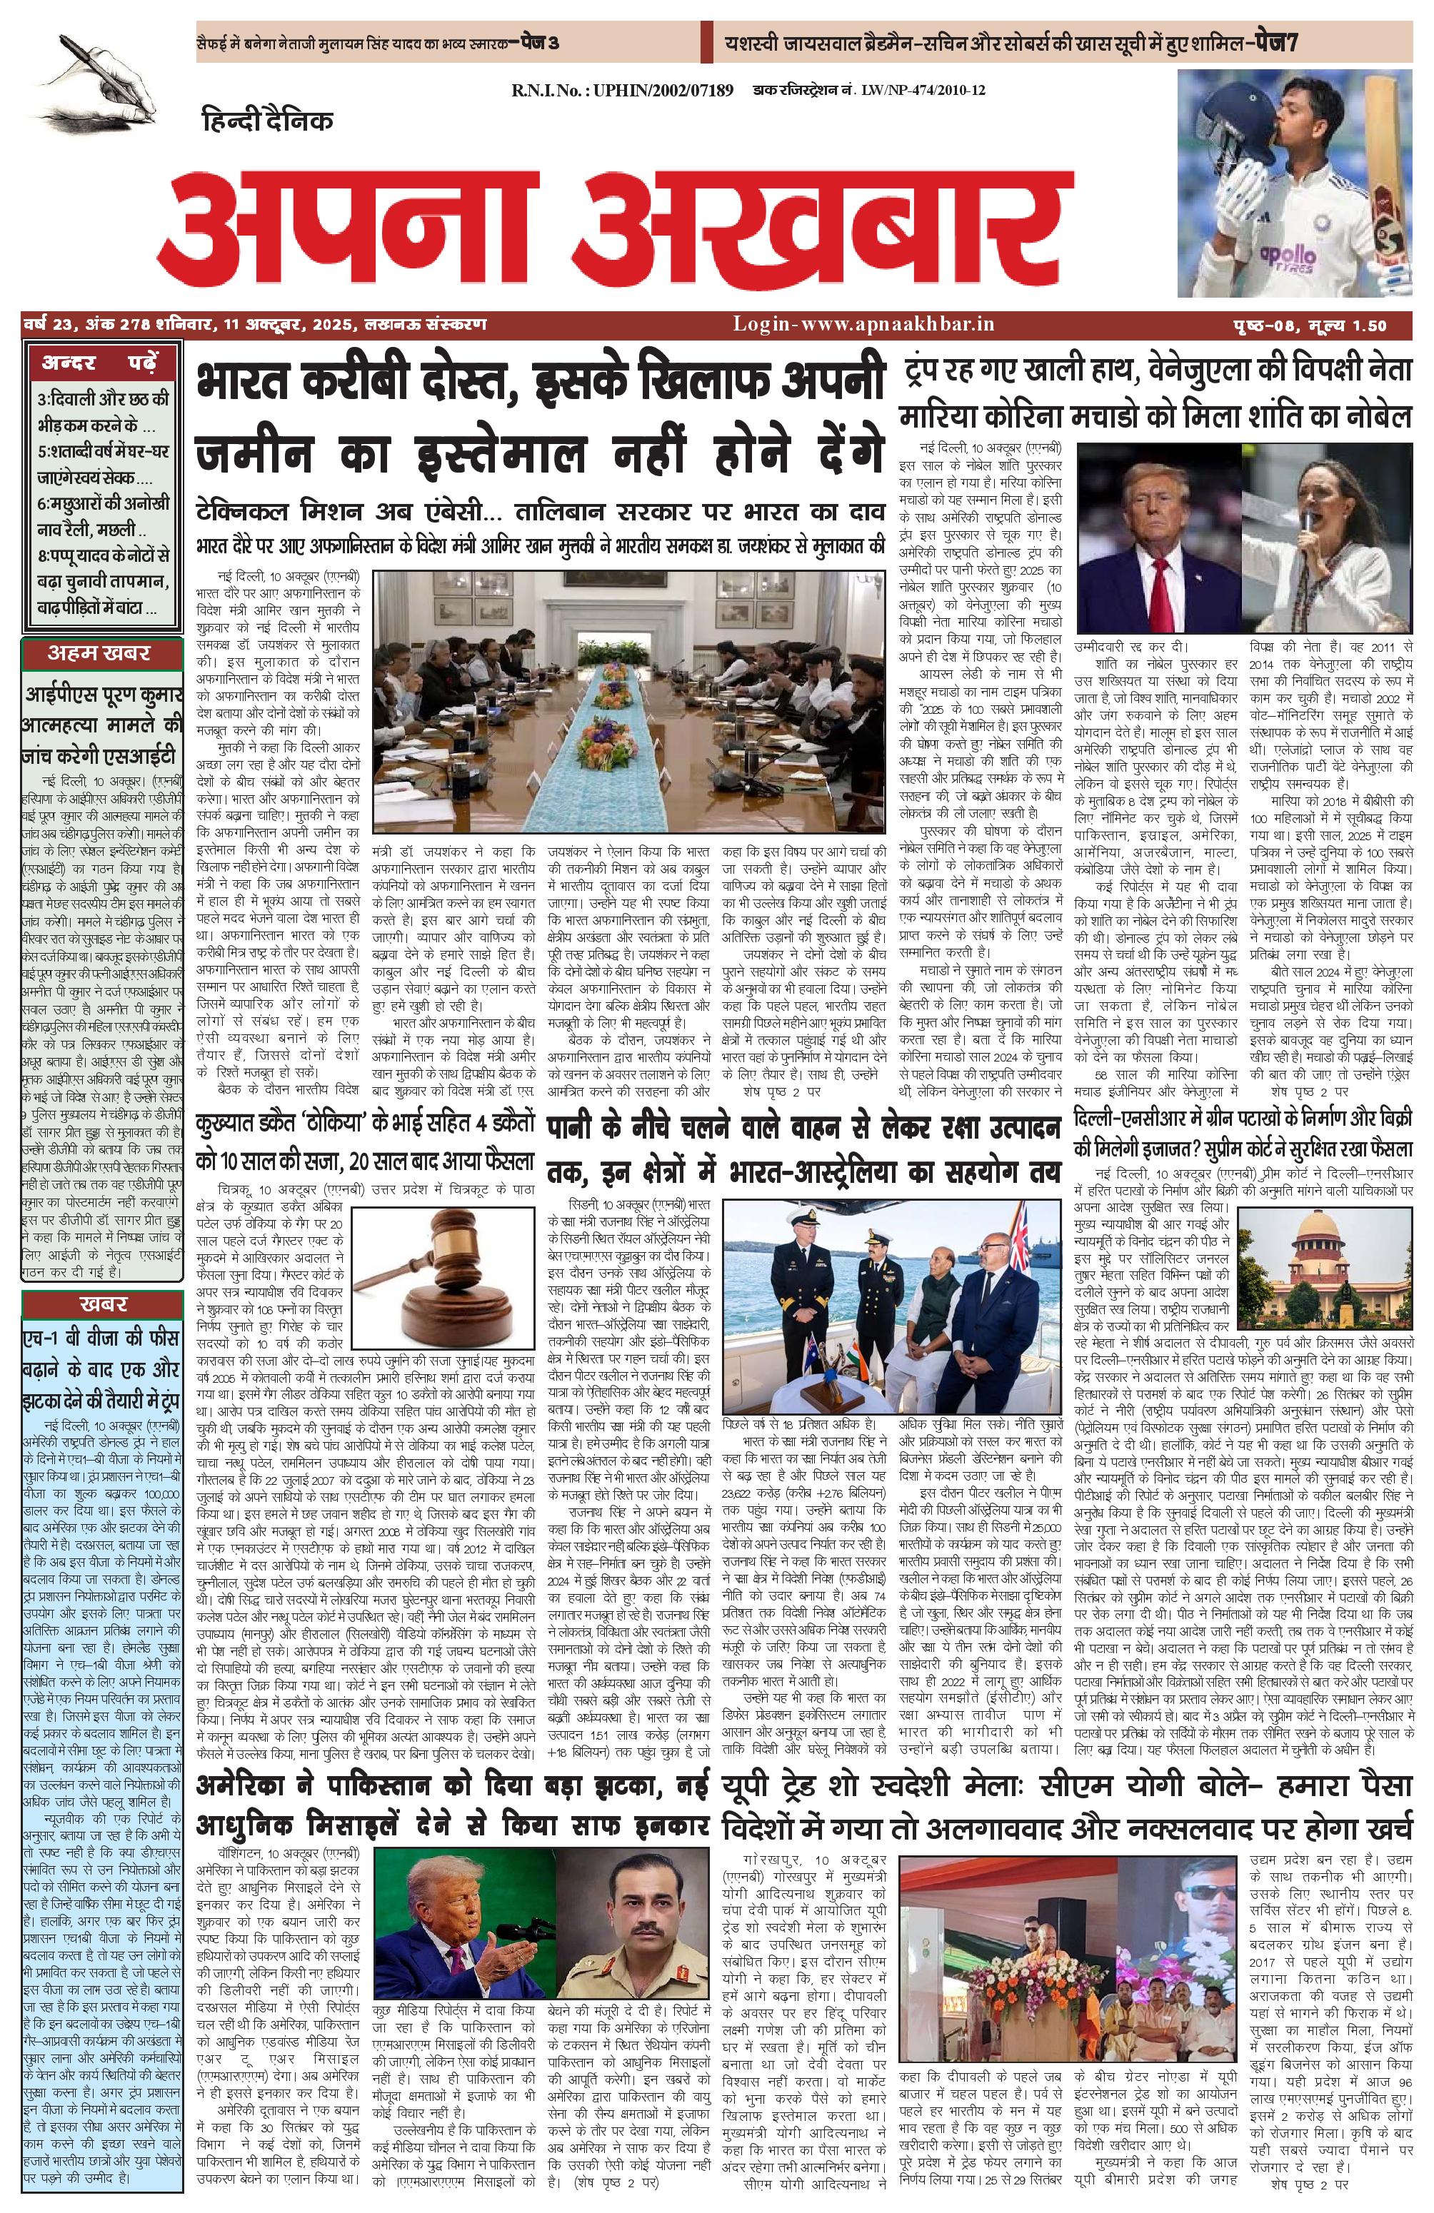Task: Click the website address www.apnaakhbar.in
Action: pyautogui.click(x=864, y=323)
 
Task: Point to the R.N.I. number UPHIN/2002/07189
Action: pyautogui.click(x=622, y=90)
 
